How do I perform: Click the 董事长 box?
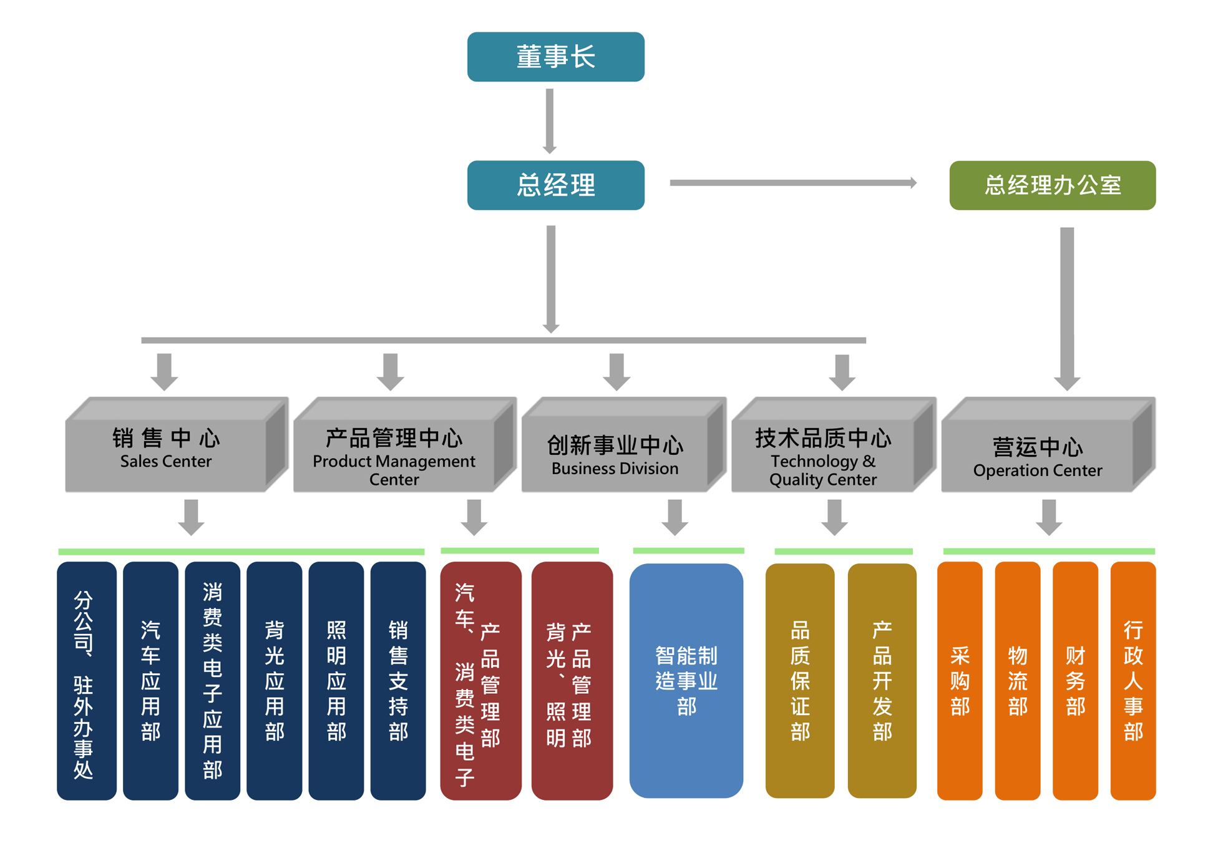[555, 57]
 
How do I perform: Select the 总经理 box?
[555, 185]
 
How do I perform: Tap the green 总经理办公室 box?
[1052, 185]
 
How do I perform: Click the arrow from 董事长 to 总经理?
[549, 120]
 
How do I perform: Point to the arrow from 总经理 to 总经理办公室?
[792, 183]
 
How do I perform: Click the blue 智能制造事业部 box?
[686, 680]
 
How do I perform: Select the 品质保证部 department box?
[799, 680]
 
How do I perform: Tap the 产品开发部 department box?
[882, 680]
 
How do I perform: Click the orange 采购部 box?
[960, 680]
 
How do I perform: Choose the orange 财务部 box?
[1075, 680]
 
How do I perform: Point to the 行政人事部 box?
[1133, 680]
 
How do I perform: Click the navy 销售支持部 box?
[398, 680]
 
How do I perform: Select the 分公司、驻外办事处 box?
[86, 680]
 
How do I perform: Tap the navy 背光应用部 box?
[274, 680]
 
